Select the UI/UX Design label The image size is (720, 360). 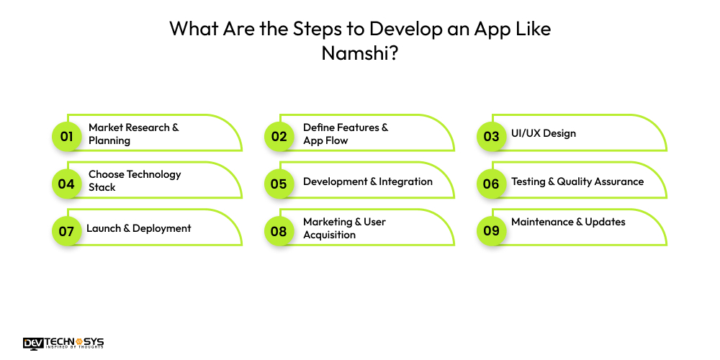(x=543, y=133)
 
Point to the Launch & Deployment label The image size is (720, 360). (x=139, y=228)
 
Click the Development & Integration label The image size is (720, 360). (x=367, y=181)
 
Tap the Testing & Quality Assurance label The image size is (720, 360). (x=577, y=181)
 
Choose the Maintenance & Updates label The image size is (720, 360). (x=568, y=222)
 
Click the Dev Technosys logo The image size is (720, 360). (x=63, y=343)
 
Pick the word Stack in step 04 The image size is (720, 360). (x=102, y=187)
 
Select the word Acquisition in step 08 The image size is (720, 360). (x=329, y=235)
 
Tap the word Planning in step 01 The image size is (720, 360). (x=109, y=140)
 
